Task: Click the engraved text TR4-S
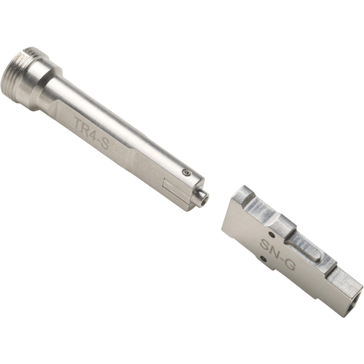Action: (92, 133)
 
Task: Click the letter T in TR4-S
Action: (79, 122)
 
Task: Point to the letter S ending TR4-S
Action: (104, 144)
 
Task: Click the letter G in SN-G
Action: (290, 264)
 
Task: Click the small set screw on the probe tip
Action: (186, 172)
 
